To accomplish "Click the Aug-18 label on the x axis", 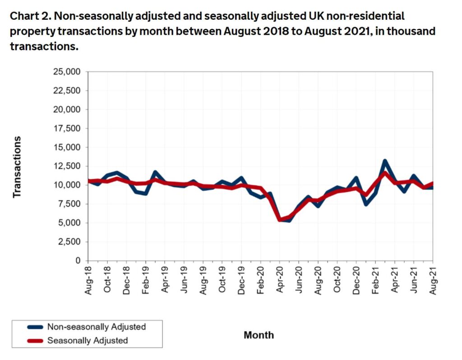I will pos(88,280).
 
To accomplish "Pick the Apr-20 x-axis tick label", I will pos(280,280).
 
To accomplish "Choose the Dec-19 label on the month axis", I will pos(242,280).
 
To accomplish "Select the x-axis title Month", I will pos(259,335).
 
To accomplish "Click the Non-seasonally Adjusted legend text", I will pos(96,327).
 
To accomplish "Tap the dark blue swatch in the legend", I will pos(35,327).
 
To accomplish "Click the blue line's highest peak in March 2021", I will pos(385,161).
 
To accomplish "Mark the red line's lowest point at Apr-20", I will pos(280,220).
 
